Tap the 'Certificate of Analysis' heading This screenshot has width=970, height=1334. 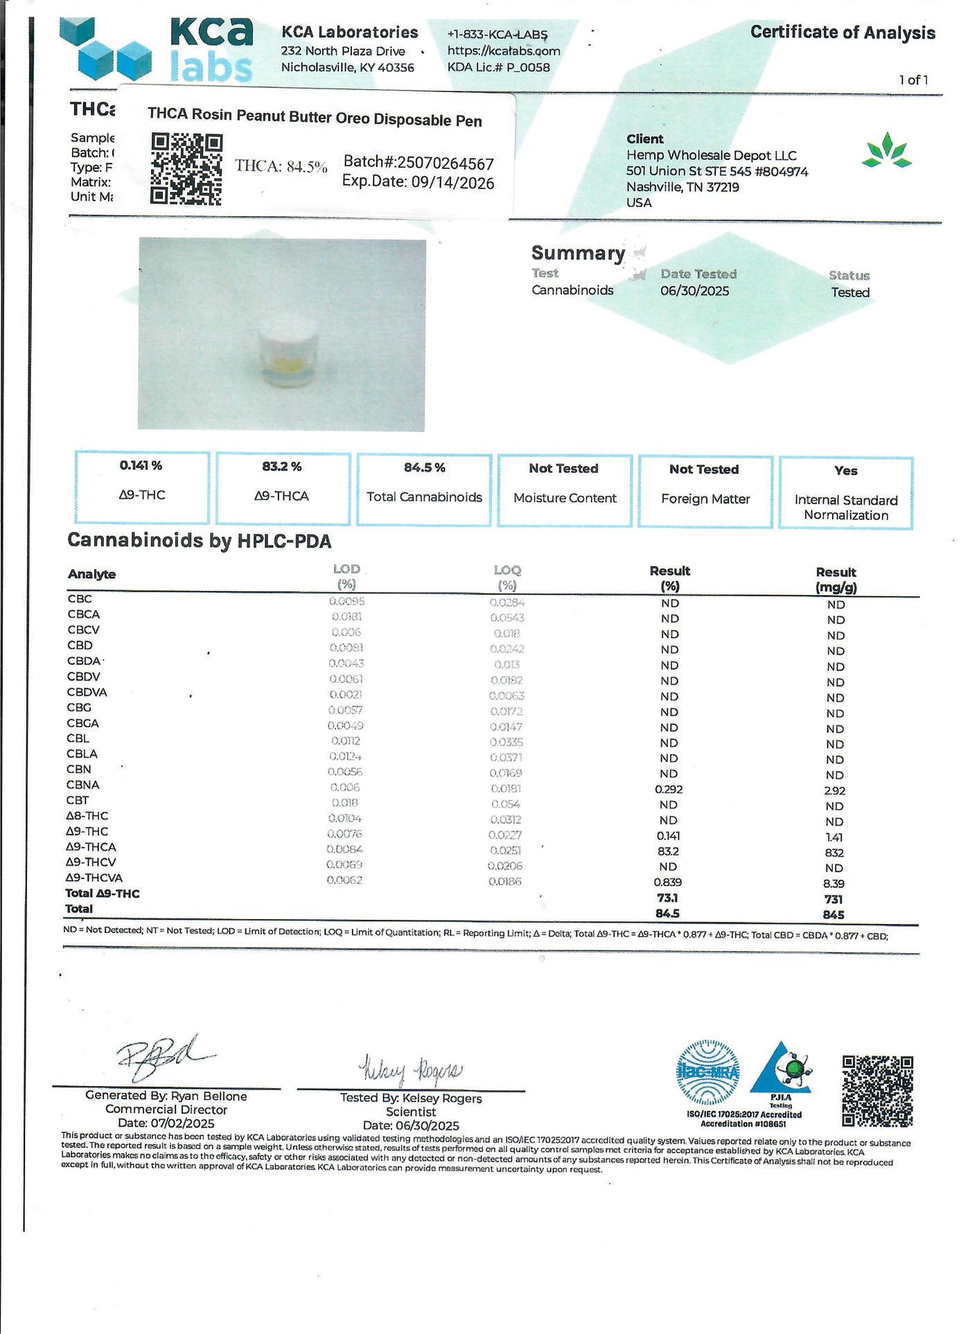click(x=842, y=33)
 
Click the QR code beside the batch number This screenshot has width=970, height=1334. click(x=186, y=169)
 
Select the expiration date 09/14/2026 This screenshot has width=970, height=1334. click(x=418, y=183)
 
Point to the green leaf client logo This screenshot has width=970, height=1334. click(x=886, y=150)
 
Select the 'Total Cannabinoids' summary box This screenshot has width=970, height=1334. click(x=424, y=490)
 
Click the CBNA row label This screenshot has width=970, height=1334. click(x=83, y=785)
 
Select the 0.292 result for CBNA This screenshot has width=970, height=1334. click(x=669, y=790)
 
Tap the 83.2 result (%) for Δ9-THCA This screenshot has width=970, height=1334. click(x=669, y=851)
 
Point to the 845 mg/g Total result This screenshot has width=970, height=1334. click(x=834, y=915)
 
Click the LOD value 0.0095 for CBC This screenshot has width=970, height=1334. click(x=346, y=601)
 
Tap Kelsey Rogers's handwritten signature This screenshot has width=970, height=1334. click(x=410, y=1070)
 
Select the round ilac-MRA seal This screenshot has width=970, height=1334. click(x=707, y=1072)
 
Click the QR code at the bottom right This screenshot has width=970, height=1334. click(x=877, y=1091)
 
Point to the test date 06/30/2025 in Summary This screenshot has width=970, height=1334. click(x=694, y=291)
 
